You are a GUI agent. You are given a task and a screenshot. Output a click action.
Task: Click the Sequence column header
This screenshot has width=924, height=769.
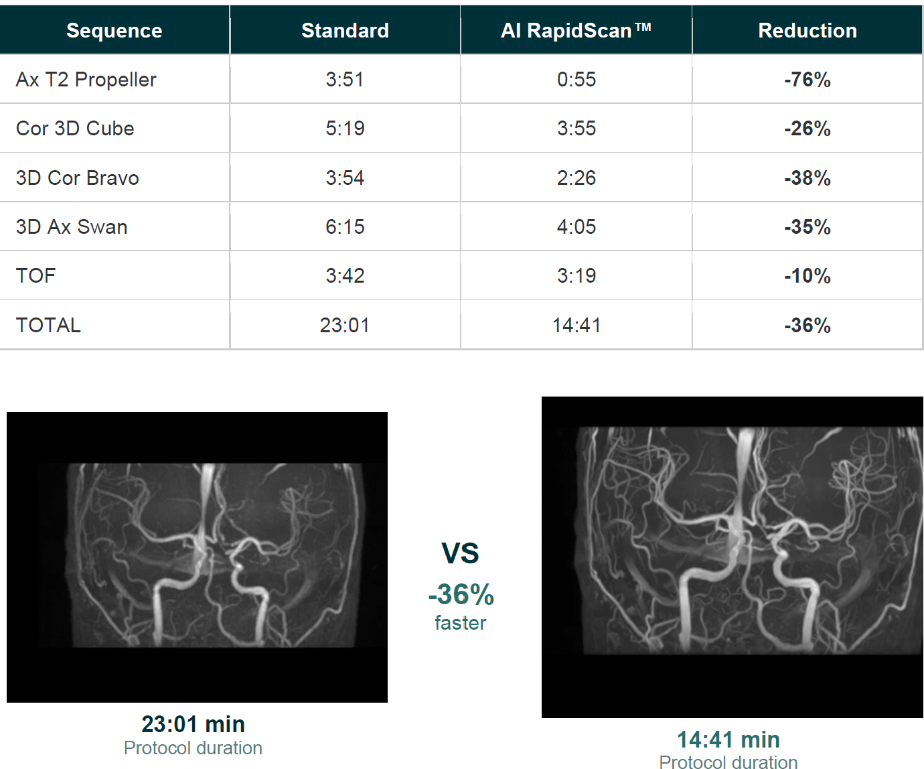coord(114,31)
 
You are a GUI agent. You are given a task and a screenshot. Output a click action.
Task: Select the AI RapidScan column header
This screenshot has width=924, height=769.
coord(576,31)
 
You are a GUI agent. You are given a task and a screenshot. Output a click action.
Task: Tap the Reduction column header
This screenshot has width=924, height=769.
coord(807,31)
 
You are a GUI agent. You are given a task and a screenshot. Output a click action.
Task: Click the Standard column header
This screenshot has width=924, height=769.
coord(345,31)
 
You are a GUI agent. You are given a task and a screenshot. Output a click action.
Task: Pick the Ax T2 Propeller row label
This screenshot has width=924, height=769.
coord(86,80)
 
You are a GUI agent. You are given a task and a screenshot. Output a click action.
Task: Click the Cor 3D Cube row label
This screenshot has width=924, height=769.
coord(75,129)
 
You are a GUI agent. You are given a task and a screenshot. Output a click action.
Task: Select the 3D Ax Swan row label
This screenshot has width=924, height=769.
coord(72,226)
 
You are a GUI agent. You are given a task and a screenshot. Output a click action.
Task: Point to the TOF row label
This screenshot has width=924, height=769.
coord(36,276)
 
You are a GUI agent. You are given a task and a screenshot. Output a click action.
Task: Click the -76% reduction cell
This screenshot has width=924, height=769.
coord(807,80)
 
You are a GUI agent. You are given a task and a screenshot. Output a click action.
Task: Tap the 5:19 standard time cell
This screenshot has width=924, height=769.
coord(345,129)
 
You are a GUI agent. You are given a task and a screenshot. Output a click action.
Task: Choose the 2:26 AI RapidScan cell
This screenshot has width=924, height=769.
coord(576,178)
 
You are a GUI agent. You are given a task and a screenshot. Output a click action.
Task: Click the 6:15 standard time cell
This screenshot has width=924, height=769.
coord(345,226)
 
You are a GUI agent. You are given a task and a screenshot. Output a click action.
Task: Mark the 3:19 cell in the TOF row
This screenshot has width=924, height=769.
coord(576,276)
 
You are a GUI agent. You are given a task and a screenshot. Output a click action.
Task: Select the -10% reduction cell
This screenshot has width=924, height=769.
coord(807,276)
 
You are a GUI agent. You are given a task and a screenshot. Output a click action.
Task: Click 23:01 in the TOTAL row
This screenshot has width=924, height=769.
coord(345,326)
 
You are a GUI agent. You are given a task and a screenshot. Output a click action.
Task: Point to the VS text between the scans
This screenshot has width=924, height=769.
coord(460,553)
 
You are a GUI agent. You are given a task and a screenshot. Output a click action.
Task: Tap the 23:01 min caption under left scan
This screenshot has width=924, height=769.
coord(193,725)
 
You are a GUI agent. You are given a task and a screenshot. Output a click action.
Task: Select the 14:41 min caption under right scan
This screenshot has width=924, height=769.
coord(728,740)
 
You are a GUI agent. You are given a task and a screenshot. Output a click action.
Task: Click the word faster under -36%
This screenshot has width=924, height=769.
coord(460,623)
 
